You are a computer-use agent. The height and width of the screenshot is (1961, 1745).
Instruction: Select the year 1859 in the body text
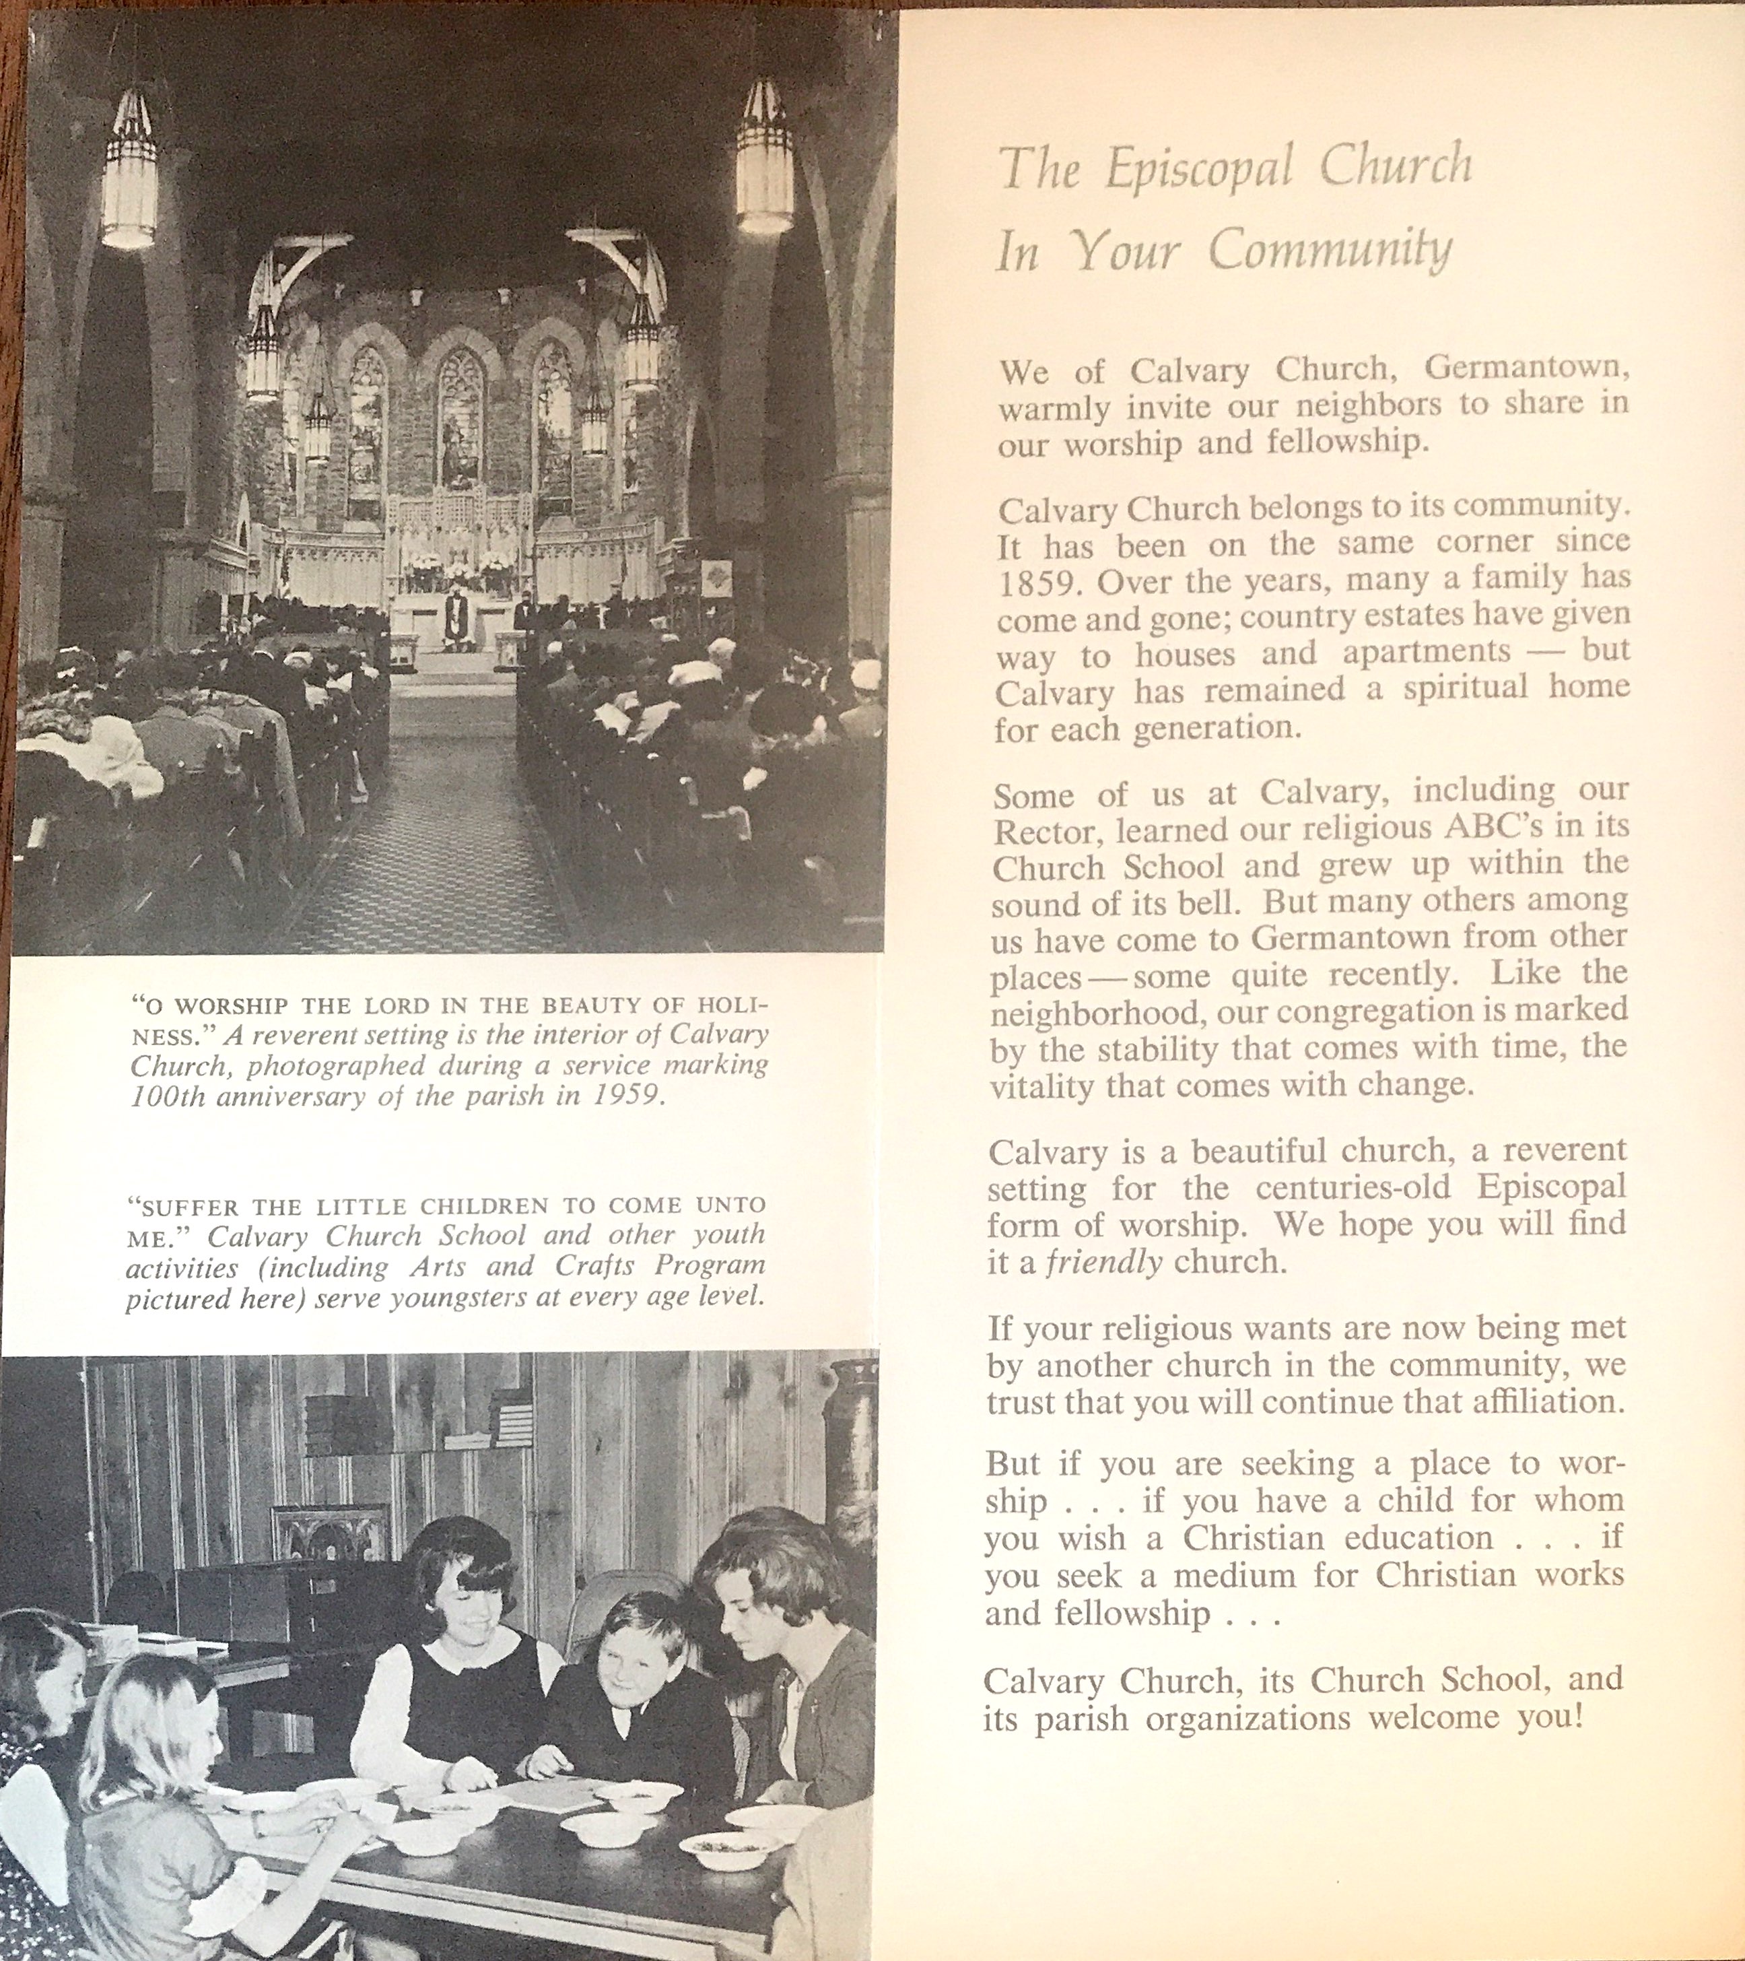[x=1036, y=583]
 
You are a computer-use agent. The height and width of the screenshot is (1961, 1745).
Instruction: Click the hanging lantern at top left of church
[x=129, y=172]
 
